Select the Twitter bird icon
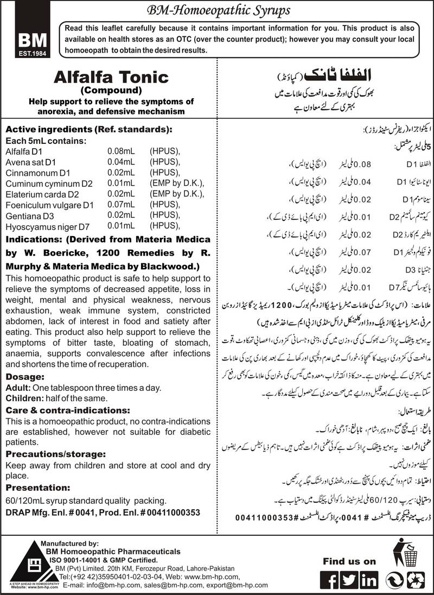tap(350, 579)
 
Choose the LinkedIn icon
tap(369, 579)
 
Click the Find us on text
tap(349, 561)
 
